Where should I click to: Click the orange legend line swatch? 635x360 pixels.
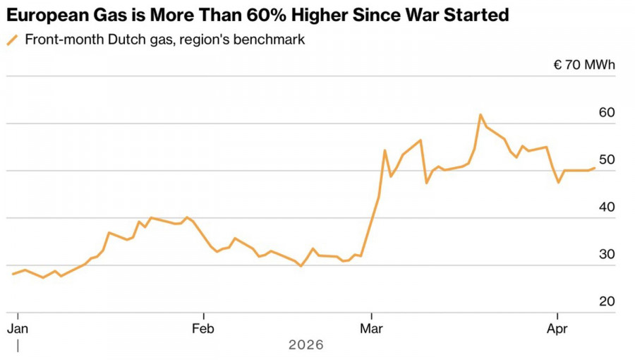pos(12,40)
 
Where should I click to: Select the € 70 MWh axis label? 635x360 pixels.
pos(584,65)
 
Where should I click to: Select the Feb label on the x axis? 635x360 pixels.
pos(203,328)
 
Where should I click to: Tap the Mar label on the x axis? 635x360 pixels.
pos(371,328)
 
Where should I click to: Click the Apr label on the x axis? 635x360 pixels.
pos(557,328)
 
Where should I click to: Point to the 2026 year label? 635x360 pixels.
pos(306,345)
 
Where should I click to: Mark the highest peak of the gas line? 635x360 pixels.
pos(480,114)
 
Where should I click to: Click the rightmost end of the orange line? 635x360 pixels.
pos(595,168)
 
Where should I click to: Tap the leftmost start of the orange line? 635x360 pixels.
pos(13,274)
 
